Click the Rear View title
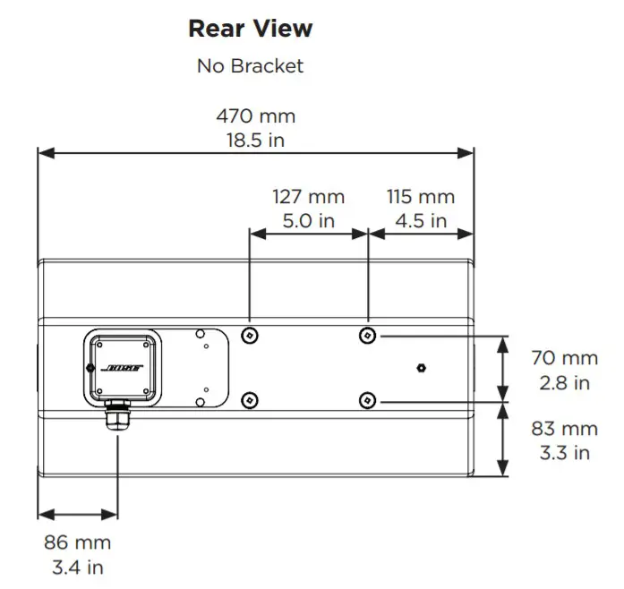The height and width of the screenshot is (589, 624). [x=250, y=29]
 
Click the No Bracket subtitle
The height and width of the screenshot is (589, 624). [x=250, y=65]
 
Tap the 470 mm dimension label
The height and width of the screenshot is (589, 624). [x=255, y=116]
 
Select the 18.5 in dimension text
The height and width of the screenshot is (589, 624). [x=255, y=140]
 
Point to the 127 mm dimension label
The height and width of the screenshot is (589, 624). [x=308, y=197]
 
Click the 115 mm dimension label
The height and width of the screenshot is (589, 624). [x=421, y=197]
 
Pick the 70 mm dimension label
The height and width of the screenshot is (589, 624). [x=563, y=358]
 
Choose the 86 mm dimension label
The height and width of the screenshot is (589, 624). [x=77, y=542]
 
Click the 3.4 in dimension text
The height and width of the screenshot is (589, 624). [x=77, y=567]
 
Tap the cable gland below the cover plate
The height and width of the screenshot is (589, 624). [x=117, y=417]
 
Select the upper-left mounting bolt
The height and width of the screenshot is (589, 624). [x=251, y=335]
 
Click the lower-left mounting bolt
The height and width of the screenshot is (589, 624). [x=251, y=399]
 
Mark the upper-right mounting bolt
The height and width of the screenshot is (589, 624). [x=367, y=335]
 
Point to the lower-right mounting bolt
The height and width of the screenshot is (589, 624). [x=367, y=399]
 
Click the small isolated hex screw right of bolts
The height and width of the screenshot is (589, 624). [x=423, y=368]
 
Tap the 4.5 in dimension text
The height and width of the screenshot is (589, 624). [x=421, y=220]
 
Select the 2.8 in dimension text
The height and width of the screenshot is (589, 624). [x=563, y=382]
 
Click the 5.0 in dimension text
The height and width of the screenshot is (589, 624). [x=308, y=220]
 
